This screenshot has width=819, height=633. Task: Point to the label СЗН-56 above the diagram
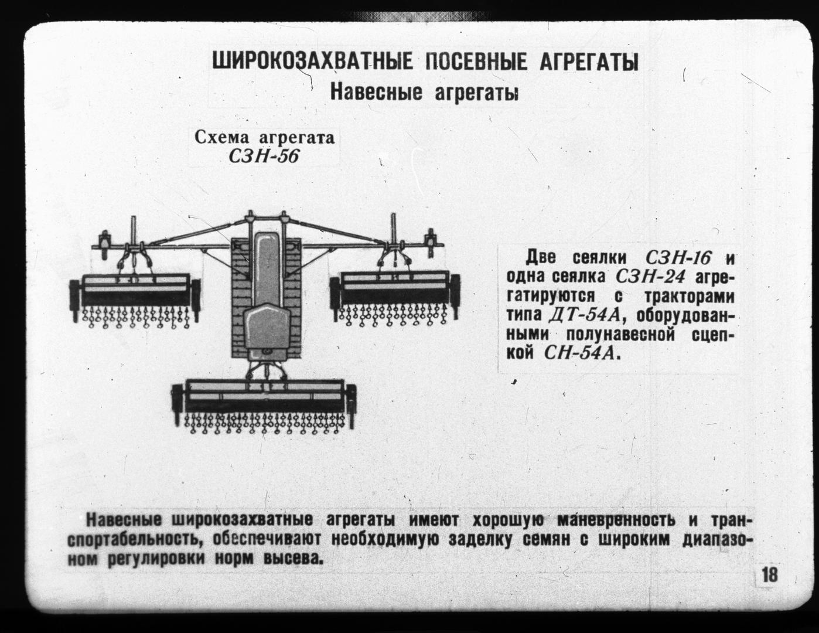pyautogui.click(x=264, y=156)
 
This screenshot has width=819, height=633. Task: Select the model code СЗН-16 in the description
pyautogui.click(x=678, y=258)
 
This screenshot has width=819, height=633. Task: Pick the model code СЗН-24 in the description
pyautogui.click(x=648, y=277)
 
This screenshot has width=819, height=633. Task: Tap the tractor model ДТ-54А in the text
pyautogui.click(x=584, y=315)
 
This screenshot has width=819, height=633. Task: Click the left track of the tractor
pyautogui.click(x=241, y=298)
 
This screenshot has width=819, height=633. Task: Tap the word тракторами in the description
pyautogui.click(x=690, y=297)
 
